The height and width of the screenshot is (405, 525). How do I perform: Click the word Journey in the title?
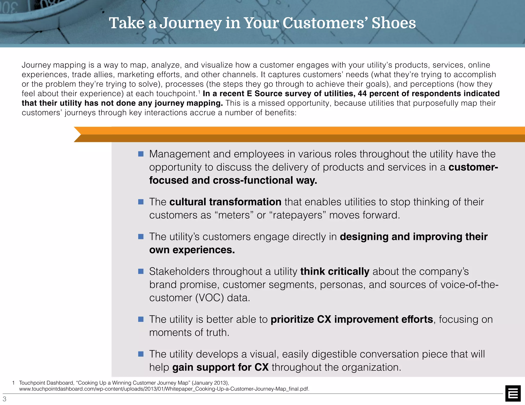click(190, 24)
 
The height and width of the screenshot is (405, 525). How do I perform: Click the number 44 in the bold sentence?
click(362, 94)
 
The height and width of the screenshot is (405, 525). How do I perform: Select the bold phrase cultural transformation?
click(225, 202)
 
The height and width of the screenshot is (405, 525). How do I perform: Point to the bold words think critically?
click(335, 272)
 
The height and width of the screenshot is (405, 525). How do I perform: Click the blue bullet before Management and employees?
click(141, 154)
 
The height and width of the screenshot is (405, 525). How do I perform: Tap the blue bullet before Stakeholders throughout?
click(141, 271)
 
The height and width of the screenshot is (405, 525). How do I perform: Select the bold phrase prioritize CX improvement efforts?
click(352, 319)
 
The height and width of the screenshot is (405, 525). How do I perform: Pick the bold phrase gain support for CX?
click(220, 367)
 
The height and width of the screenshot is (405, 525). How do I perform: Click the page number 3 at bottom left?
click(4, 399)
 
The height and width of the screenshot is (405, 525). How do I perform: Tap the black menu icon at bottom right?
click(513, 393)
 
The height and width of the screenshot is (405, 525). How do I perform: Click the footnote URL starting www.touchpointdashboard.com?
click(164, 389)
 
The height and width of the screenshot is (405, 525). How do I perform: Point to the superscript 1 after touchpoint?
click(199, 91)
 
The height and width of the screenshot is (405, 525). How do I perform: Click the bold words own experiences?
click(192, 250)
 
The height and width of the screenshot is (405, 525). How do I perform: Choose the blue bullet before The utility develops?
click(141, 354)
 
